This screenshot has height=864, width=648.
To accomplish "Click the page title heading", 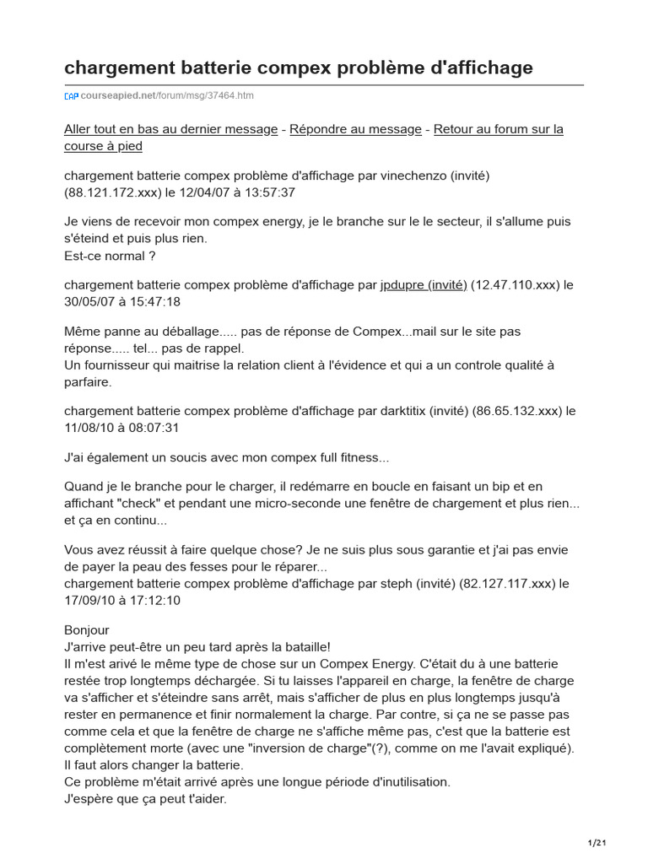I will click(299, 67).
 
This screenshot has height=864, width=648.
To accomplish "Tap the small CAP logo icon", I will click(72, 96).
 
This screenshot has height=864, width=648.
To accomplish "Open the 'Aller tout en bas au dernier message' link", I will click(170, 129).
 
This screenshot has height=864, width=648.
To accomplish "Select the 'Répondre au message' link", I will click(355, 129).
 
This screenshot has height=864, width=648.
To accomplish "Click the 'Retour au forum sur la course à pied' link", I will click(314, 138).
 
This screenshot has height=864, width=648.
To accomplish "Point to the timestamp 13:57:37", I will click(265, 192).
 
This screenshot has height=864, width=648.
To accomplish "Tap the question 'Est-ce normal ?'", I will click(110, 256).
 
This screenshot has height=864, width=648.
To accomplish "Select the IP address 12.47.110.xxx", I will click(515, 285).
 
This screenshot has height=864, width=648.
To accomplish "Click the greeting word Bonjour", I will click(87, 630).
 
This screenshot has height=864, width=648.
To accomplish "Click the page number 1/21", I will click(597, 843).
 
